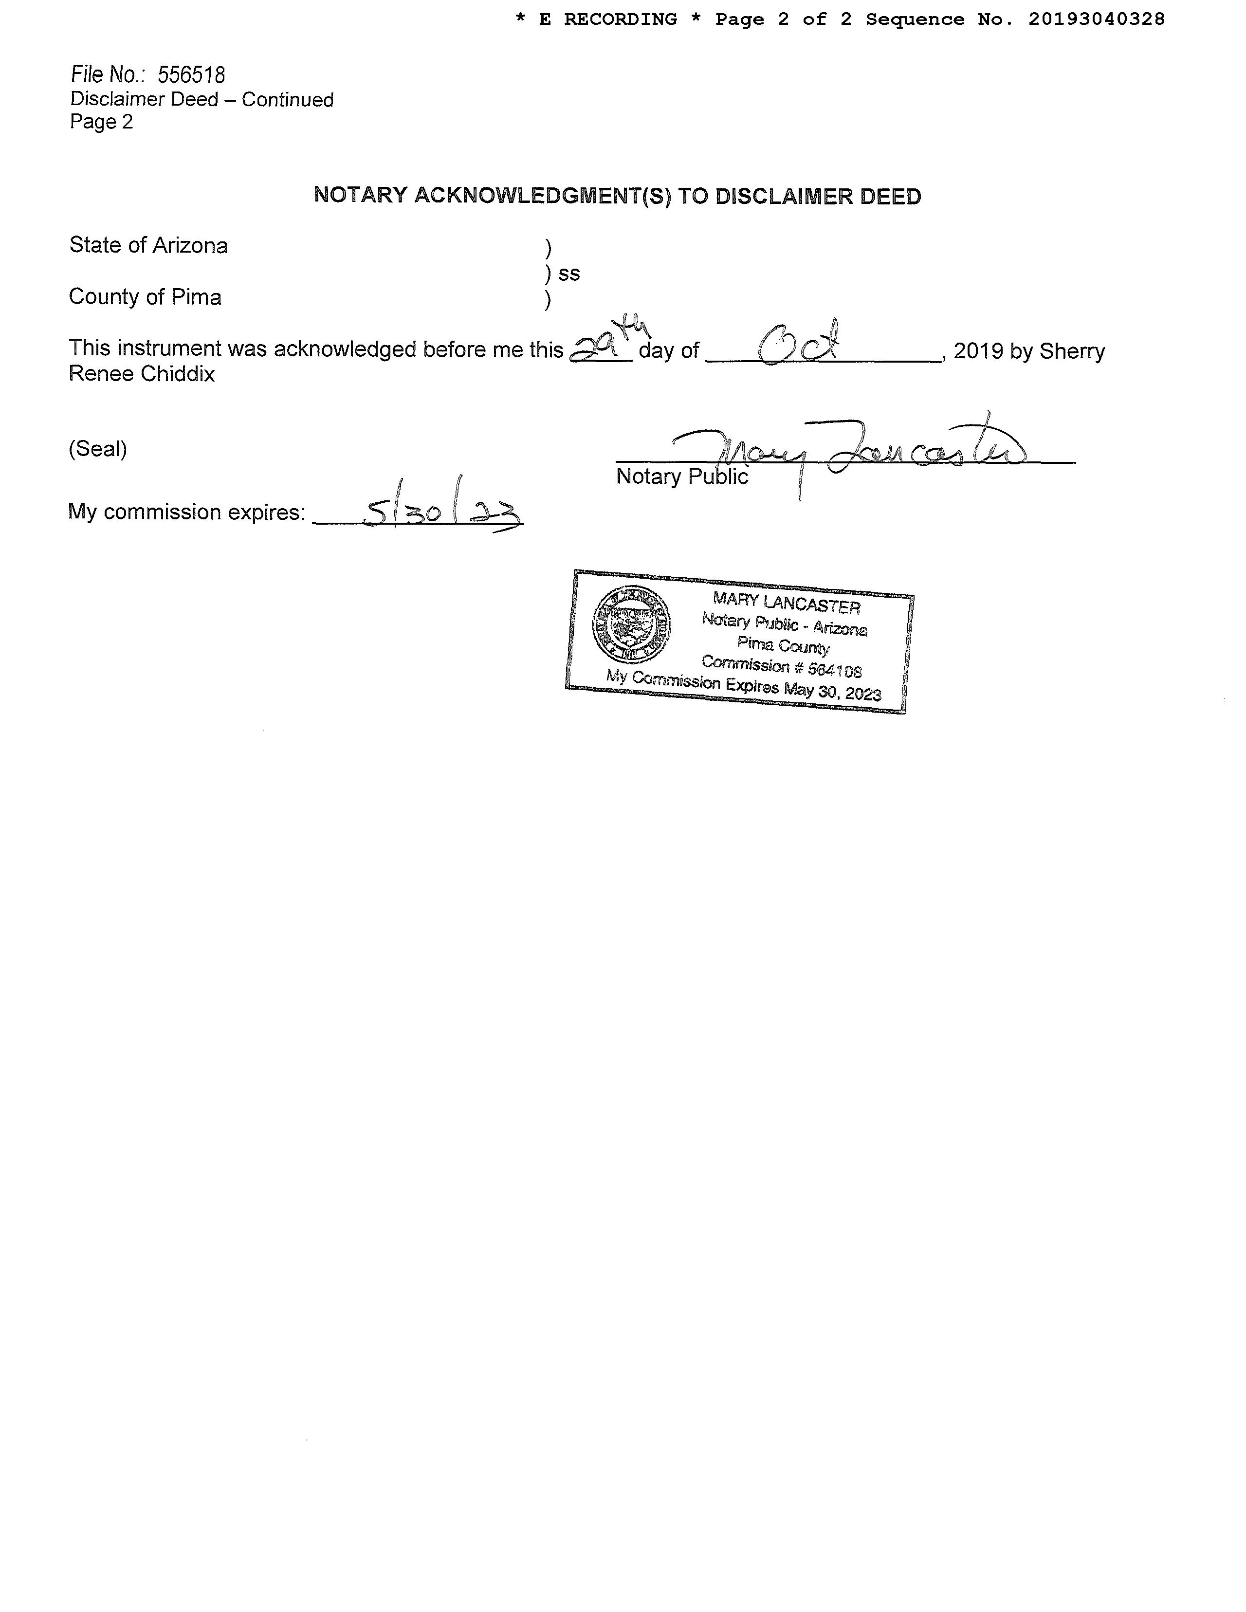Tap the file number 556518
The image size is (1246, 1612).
click(x=191, y=74)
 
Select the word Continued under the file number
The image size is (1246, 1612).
click(x=287, y=100)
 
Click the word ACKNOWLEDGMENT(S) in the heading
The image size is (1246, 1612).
click(x=543, y=196)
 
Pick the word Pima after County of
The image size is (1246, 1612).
click(x=196, y=297)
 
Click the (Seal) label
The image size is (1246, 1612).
click(x=97, y=449)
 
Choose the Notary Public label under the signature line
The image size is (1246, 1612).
click(x=681, y=477)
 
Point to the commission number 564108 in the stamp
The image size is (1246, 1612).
click(x=834, y=669)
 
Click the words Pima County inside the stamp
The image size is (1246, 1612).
click(x=783, y=646)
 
